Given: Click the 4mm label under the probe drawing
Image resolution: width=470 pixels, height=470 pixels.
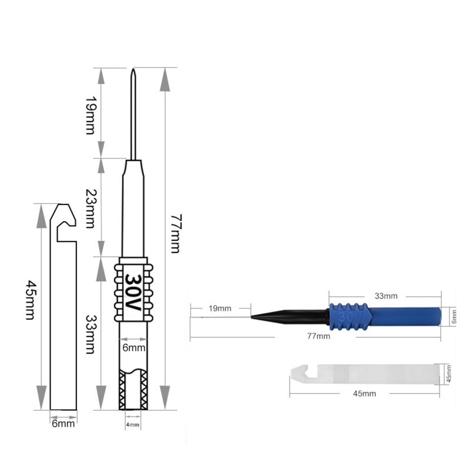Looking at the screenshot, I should (133, 424).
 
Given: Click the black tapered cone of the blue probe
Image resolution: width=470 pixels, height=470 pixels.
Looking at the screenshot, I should (288, 316).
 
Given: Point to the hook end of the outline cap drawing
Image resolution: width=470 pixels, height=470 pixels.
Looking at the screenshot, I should (65, 220).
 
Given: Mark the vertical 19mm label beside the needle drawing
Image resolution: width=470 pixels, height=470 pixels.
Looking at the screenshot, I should (90, 113).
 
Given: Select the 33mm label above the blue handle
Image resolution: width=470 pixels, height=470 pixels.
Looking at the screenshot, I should (386, 296).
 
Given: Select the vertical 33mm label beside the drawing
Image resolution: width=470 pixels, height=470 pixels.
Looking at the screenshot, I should (90, 333).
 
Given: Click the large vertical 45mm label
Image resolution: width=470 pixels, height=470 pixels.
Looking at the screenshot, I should (30, 299).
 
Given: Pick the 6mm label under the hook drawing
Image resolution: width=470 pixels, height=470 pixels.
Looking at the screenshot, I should (63, 424).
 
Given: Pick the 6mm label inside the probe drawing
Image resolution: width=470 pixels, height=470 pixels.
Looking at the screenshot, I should (133, 348).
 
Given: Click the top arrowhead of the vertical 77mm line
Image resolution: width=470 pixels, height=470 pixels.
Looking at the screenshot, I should (165, 79).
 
